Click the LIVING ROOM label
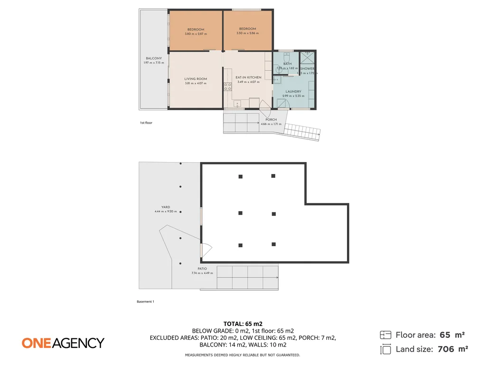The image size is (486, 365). click(x=196, y=79)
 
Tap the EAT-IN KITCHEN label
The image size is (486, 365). click(x=248, y=77)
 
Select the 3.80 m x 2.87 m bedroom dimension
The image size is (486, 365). click(x=196, y=34)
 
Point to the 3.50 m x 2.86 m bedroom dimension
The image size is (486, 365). click(x=248, y=33)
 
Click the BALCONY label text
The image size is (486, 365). click(x=154, y=58)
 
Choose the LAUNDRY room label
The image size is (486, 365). click(x=293, y=92)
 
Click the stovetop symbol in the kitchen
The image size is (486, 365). click(x=228, y=86)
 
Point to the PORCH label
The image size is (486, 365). click(x=271, y=120)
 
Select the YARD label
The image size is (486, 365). click(x=166, y=207)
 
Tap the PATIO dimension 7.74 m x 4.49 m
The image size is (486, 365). click(x=202, y=273)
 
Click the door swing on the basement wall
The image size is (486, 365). click(x=206, y=250)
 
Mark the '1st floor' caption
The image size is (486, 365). click(x=146, y=123)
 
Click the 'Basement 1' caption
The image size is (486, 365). click(x=145, y=301)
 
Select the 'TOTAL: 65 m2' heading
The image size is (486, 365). click(x=243, y=324)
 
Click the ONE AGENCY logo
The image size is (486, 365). click(x=63, y=343)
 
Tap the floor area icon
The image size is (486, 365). click(x=385, y=335)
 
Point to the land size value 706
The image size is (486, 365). click(x=446, y=349)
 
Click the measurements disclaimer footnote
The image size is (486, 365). click(x=242, y=355)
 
